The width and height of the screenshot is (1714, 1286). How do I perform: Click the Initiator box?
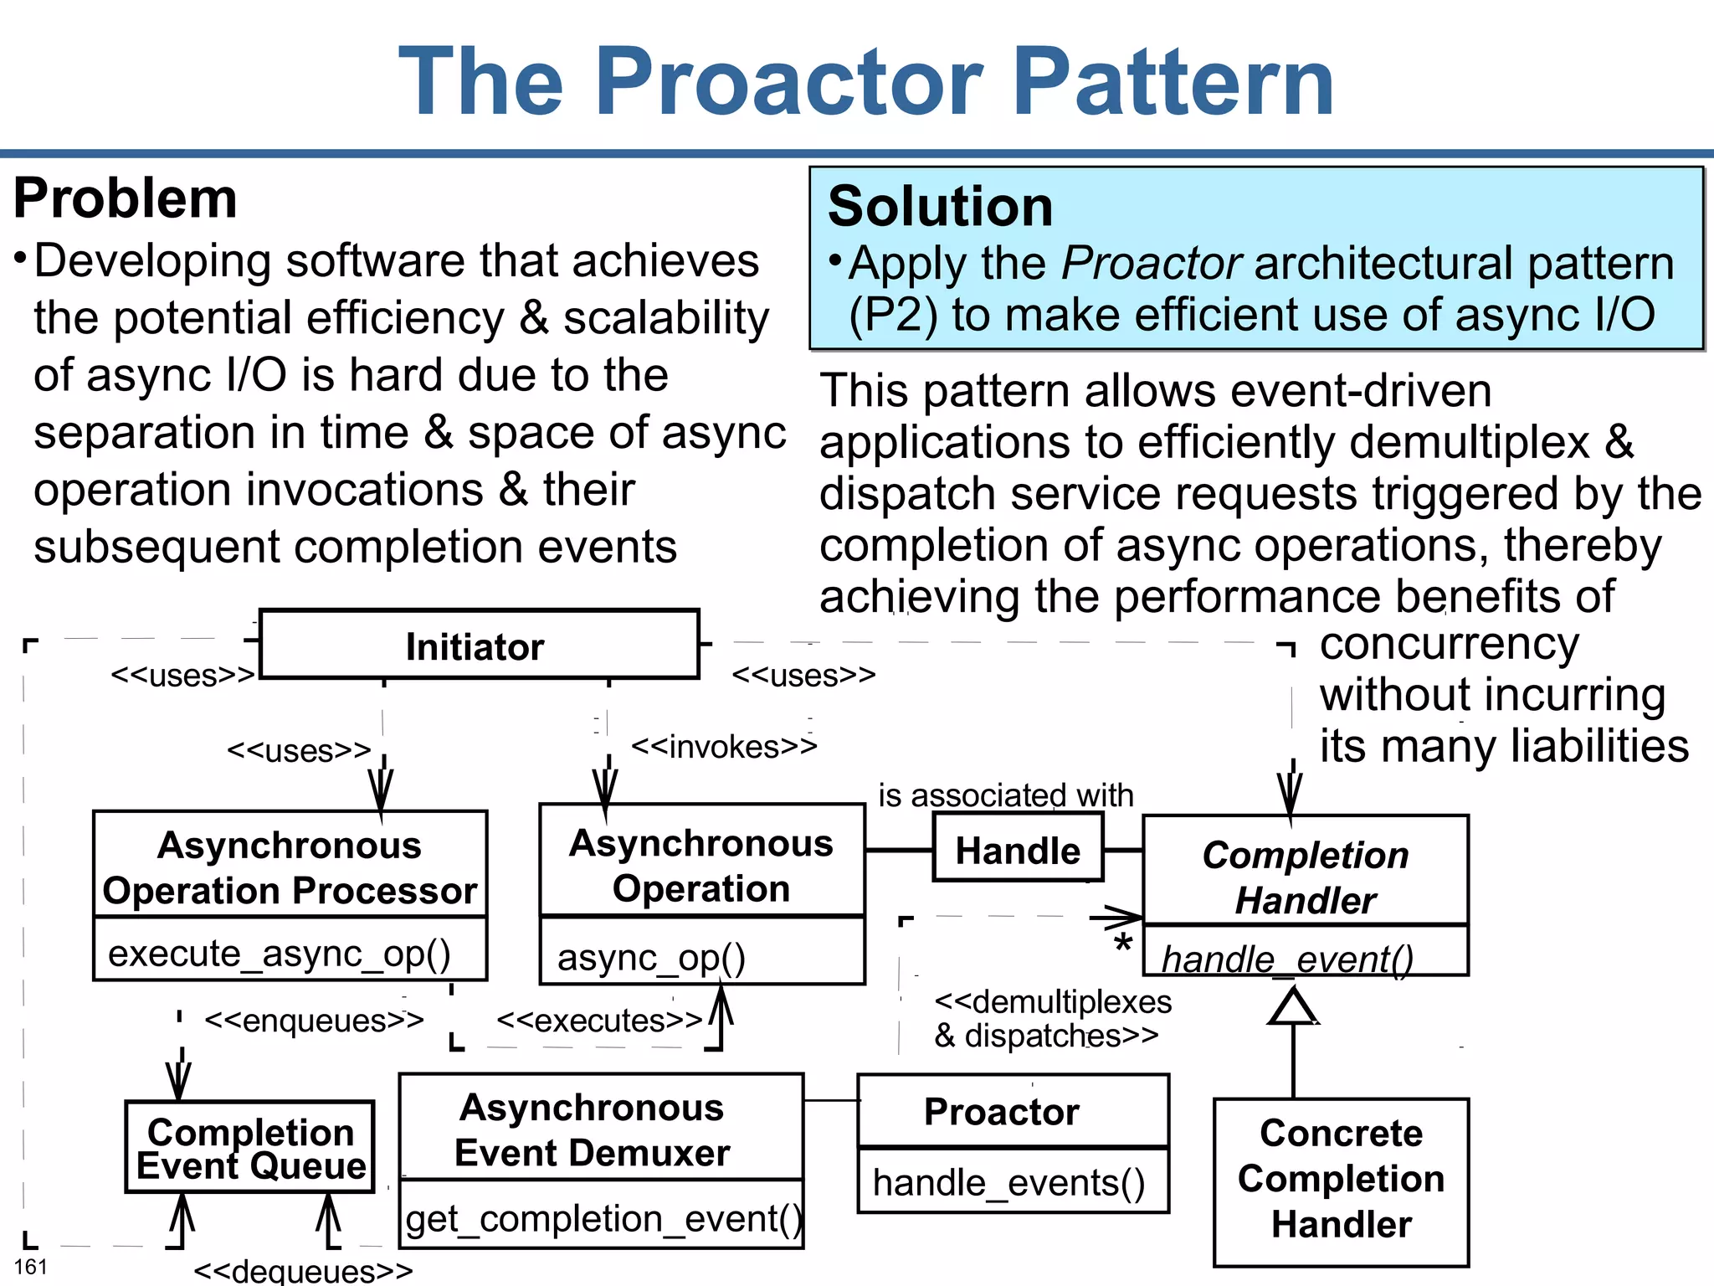479,645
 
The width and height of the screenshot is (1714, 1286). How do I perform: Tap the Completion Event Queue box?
250,1147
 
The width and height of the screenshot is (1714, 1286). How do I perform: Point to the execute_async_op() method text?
280,953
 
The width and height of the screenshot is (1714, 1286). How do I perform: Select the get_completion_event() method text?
603,1218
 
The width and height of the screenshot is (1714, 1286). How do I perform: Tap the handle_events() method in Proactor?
1008,1182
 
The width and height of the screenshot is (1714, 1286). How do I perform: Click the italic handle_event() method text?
1287,959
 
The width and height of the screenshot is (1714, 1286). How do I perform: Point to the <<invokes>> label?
723,746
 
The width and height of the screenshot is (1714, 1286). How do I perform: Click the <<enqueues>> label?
314,1021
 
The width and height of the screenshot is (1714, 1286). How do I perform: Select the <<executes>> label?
599,1021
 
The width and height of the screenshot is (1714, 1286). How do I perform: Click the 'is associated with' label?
1005,795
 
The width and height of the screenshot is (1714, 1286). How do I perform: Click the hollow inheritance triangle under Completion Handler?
1293,1006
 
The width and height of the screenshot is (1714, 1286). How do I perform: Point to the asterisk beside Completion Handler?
1123,944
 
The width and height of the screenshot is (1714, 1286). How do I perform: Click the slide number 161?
30,1267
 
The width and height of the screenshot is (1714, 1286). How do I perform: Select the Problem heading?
126,198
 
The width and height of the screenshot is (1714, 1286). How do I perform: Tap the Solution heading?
940,206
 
